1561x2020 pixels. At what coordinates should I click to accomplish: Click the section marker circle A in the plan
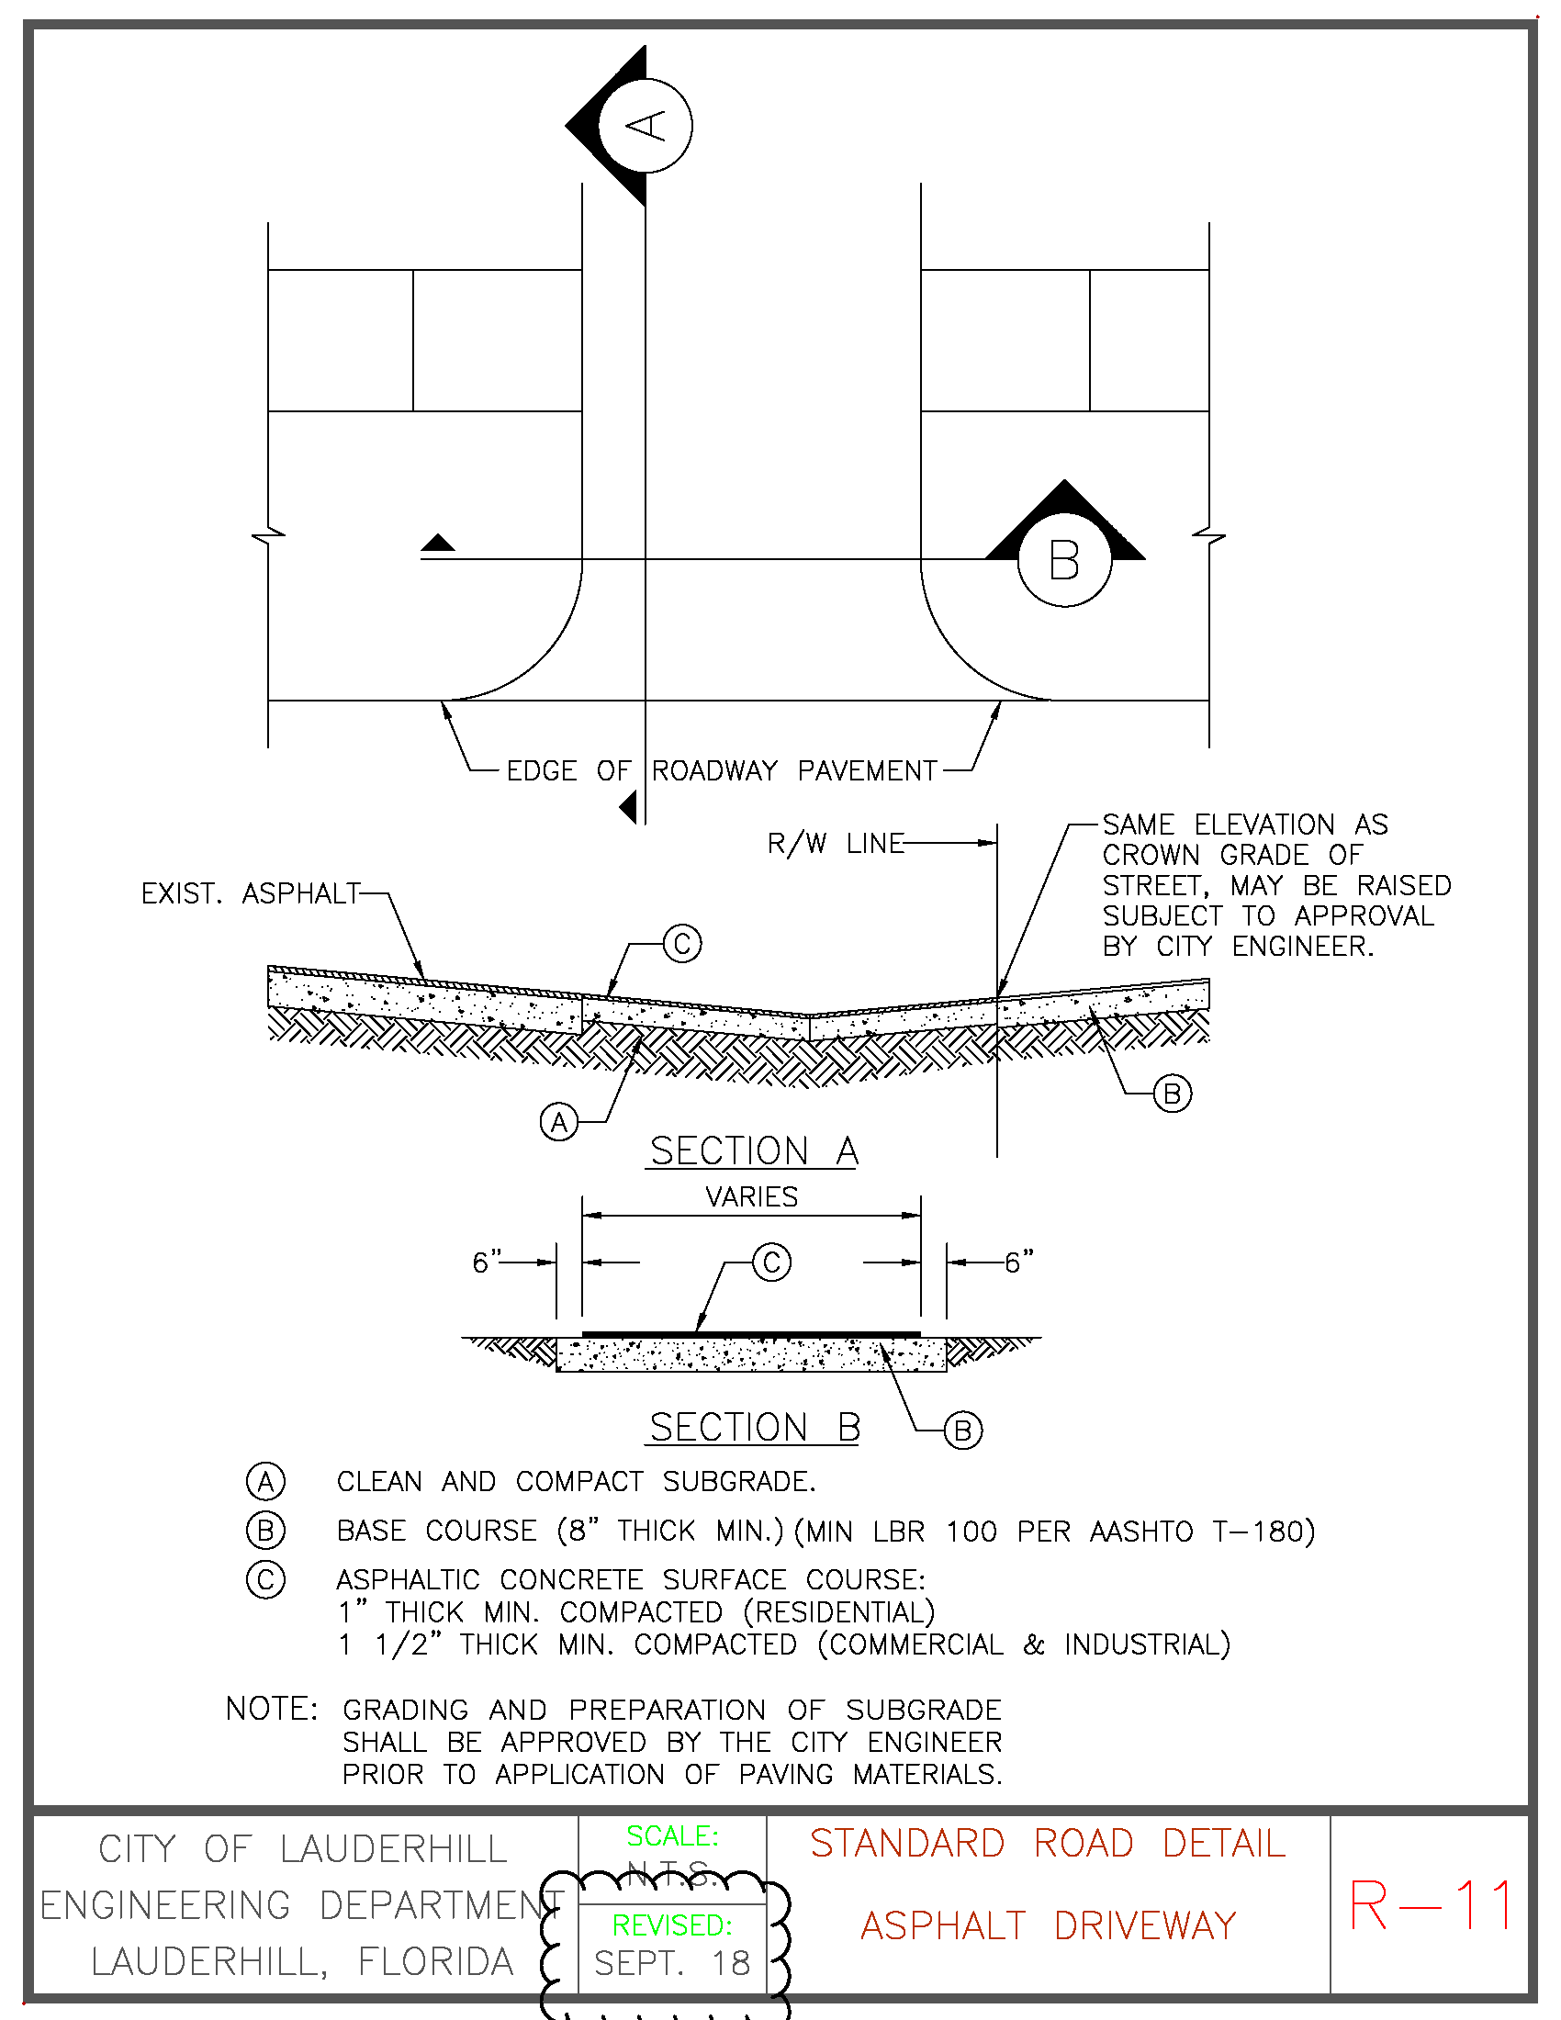(x=646, y=126)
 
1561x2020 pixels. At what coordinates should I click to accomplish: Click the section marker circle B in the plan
(x=1064, y=560)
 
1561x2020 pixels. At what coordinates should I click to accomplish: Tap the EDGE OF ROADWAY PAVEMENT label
(x=722, y=770)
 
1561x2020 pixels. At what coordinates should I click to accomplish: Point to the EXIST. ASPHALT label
(x=250, y=893)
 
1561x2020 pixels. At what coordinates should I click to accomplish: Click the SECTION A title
(x=754, y=1151)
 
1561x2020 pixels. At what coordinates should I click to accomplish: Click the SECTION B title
(x=755, y=1428)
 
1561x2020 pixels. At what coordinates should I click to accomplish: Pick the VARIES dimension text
(x=751, y=1196)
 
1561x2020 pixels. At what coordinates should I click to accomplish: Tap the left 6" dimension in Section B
(x=487, y=1262)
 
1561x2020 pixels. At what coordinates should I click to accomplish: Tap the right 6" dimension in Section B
(x=1019, y=1262)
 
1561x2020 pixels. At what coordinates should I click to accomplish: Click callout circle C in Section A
(x=682, y=943)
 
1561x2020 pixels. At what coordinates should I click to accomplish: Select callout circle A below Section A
(x=558, y=1122)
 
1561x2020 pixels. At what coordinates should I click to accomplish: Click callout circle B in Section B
(x=962, y=1431)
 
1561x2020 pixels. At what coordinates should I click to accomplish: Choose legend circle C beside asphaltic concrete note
(x=265, y=1579)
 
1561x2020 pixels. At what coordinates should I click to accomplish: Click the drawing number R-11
(x=1431, y=1905)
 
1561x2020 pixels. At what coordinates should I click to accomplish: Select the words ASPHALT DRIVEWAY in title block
(x=1048, y=1926)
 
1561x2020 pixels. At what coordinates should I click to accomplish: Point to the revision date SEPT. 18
(x=672, y=1964)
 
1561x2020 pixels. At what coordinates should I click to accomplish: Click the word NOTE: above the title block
(x=271, y=1710)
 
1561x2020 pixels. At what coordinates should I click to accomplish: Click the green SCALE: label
(x=672, y=1836)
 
